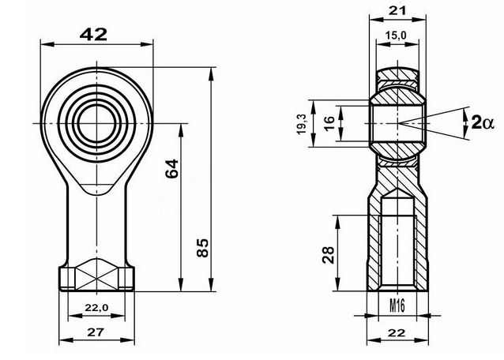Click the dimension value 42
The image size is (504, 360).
pyautogui.click(x=93, y=35)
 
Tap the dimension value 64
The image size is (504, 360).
pyautogui.click(x=171, y=169)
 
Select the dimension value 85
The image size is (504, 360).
pyautogui.click(x=202, y=248)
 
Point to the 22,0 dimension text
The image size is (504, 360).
pyautogui.click(x=96, y=308)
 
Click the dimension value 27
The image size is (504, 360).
pyautogui.click(x=96, y=332)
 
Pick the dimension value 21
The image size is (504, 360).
pyautogui.click(x=397, y=10)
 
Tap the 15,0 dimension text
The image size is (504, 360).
pyautogui.click(x=397, y=35)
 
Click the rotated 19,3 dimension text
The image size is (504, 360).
pyautogui.click(x=302, y=124)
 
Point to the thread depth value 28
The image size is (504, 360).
pyautogui.click(x=328, y=255)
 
